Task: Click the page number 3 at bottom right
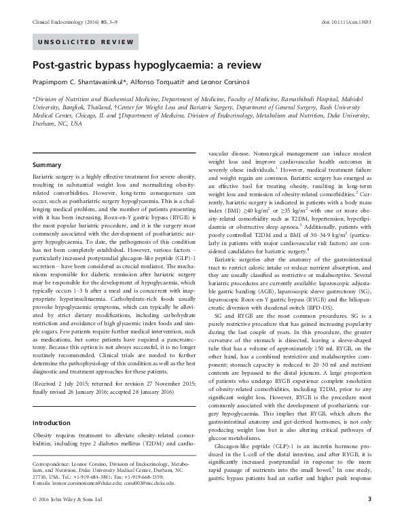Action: point(369,519)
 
